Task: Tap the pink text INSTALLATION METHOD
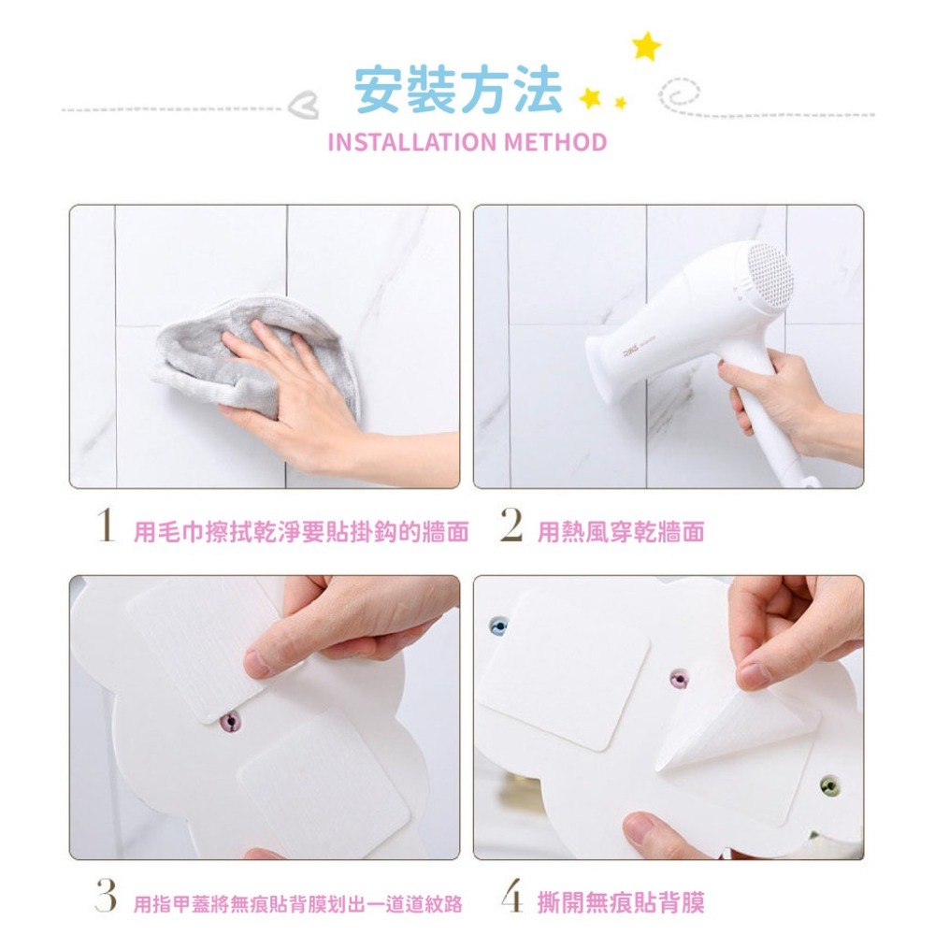(467, 143)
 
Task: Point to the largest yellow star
(645, 46)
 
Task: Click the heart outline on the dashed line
(305, 109)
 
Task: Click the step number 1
(106, 529)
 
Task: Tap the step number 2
(511, 529)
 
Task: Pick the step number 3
(106, 899)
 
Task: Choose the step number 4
(511, 899)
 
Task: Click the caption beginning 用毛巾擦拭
(300, 532)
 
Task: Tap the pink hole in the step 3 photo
(230, 721)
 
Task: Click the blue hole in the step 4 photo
(499, 625)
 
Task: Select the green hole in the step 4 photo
(828, 785)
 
